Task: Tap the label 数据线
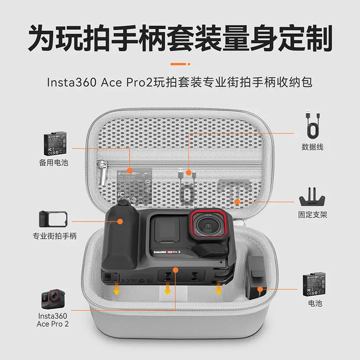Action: [312, 147]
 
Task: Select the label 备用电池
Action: [54, 162]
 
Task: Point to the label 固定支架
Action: [312, 215]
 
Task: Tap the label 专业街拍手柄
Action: [54, 236]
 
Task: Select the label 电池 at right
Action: [315, 303]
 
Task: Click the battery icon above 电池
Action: [315, 284]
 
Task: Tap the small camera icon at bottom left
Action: [53, 299]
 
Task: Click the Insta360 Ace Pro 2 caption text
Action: [53, 320]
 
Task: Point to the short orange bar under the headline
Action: [180, 62]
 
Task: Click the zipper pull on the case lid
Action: [103, 174]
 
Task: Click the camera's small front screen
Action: [168, 230]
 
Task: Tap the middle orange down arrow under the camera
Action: [168, 289]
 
